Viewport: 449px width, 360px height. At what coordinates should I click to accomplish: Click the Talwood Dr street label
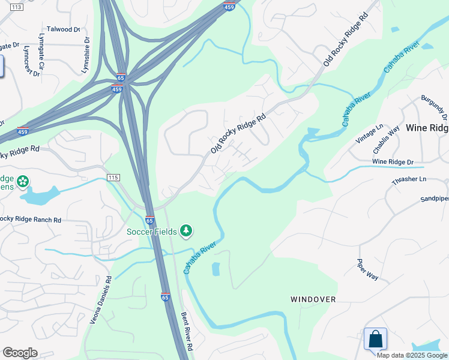pyautogui.click(x=63, y=29)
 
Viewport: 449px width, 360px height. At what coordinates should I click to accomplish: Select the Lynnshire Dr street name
pyautogui.click(x=86, y=55)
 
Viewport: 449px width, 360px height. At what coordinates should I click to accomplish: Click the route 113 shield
pyautogui.click(x=17, y=7)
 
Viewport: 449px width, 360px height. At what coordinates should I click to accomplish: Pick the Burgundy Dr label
pyautogui.click(x=433, y=106)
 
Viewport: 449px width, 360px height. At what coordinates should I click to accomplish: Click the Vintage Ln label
pyautogui.click(x=369, y=133)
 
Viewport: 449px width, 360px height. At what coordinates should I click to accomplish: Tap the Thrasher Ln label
pyautogui.click(x=407, y=179)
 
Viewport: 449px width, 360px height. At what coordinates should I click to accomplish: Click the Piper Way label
pyautogui.click(x=367, y=269)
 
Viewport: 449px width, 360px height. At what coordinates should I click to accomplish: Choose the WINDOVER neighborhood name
pyautogui.click(x=313, y=299)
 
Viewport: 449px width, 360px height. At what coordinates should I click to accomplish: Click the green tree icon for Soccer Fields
pyautogui.click(x=186, y=230)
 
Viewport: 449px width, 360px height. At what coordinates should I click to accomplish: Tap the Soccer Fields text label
pyautogui.click(x=151, y=232)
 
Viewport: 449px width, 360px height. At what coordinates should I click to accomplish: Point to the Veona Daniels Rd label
pyautogui.click(x=101, y=300)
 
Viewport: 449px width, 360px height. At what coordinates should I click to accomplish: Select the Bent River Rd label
pyautogui.click(x=187, y=331)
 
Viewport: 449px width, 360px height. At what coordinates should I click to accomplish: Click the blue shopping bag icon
pyautogui.click(x=375, y=338)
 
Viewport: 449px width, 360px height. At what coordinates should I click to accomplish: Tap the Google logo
pyautogui.click(x=20, y=353)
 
